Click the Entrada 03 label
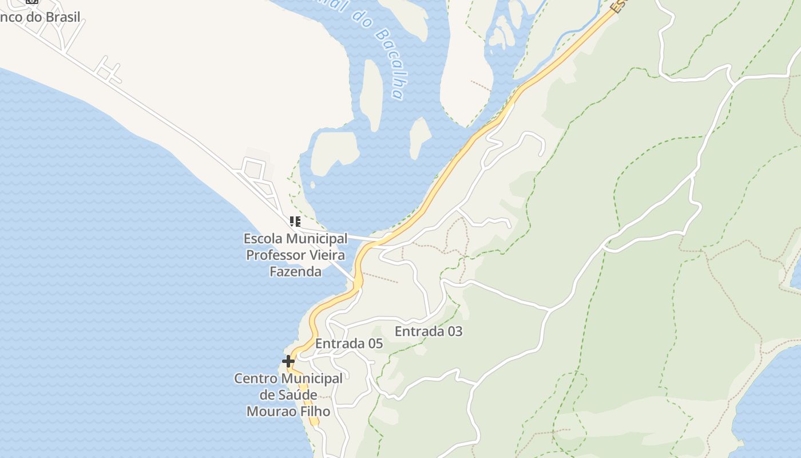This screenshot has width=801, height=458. (x=429, y=331)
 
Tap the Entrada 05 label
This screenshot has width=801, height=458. (x=349, y=343)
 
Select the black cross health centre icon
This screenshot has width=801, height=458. (x=288, y=361)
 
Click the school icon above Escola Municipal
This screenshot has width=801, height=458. (x=295, y=222)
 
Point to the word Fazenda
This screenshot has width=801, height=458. (x=295, y=271)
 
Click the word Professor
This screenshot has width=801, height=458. (x=276, y=255)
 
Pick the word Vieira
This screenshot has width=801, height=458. (x=328, y=255)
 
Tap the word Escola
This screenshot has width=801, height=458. (x=263, y=238)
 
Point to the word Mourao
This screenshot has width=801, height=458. (x=271, y=411)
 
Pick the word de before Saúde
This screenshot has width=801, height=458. (x=267, y=395)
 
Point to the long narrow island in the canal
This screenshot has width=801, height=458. (x=372, y=94)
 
